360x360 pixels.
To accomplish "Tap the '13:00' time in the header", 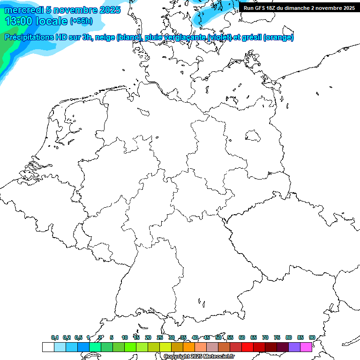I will point(19,21).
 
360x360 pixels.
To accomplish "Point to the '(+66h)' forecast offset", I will point(81,21).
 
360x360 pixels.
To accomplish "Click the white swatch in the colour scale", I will point(48,347).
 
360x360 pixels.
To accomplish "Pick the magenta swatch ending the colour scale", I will point(306,347).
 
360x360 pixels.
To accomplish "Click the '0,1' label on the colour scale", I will point(55,337).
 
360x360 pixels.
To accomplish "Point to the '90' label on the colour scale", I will point(312,337).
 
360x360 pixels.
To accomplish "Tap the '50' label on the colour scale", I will point(218,337).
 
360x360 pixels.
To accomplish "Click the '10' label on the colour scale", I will point(125,337).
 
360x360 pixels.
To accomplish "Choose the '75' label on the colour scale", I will point(277,337).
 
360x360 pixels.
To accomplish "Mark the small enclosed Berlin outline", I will point(253,135).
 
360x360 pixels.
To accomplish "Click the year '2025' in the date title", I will point(109,10).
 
